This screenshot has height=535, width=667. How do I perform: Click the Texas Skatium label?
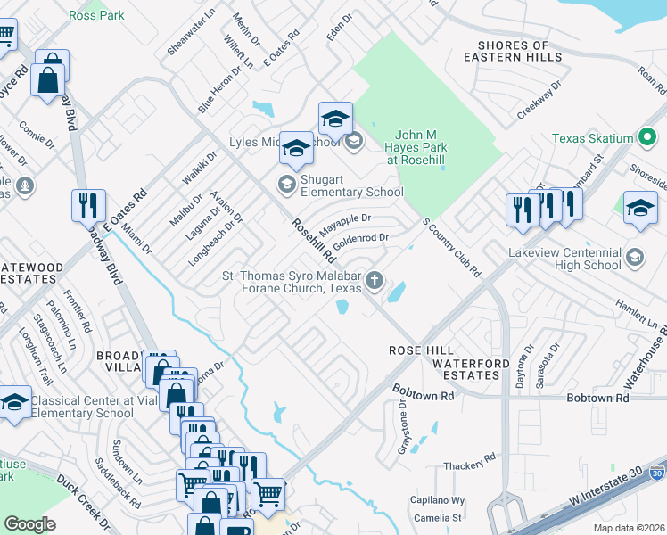pos(591,138)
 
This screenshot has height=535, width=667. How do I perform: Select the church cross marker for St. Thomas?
pos(375,282)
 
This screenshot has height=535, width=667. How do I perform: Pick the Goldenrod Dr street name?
pos(361,239)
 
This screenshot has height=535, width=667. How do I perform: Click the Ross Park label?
pos(97,16)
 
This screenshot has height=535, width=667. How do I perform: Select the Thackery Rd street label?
pos(469,464)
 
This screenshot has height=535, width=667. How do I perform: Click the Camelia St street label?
pos(436,517)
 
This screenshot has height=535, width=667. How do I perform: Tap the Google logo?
pos(29,524)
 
